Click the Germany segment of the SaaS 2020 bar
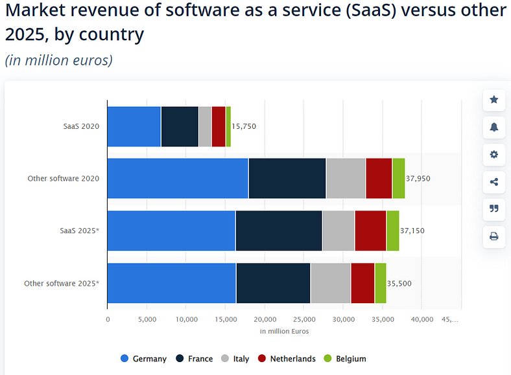click(x=134, y=126)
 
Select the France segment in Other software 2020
click(x=287, y=178)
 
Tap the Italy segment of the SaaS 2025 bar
click(x=338, y=231)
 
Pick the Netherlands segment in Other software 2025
click(x=362, y=283)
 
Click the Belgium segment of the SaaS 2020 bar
click(x=228, y=126)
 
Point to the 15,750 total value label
click(x=244, y=126)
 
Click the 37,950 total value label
click(x=418, y=178)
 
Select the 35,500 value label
click(x=399, y=283)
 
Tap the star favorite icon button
click(x=494, y=100)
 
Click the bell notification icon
click(x=494, y=127)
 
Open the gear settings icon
click(x=494, y=154)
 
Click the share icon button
click(x=494, y=181)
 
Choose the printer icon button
click(x=494, y=236)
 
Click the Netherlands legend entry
click(x=286, y=359)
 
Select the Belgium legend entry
click(x=344, y=359)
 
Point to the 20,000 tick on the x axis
click(x=265, y=319)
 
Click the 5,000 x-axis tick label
click(x=147, y=319)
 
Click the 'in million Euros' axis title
click(x=284, y=332)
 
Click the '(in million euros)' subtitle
click(x=59, y=60)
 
